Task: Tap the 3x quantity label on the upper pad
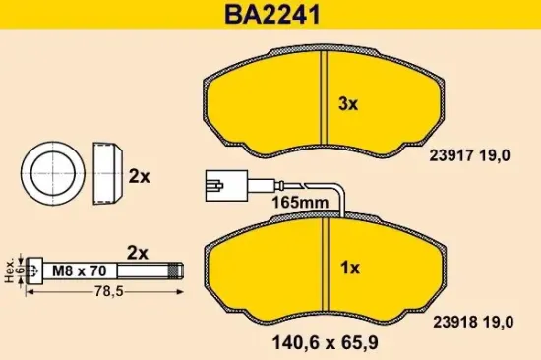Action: coord(350,102)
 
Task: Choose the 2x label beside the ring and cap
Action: coord(139,177)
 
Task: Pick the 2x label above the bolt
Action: coord(137,252)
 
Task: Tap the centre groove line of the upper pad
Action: coord(324,98)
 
